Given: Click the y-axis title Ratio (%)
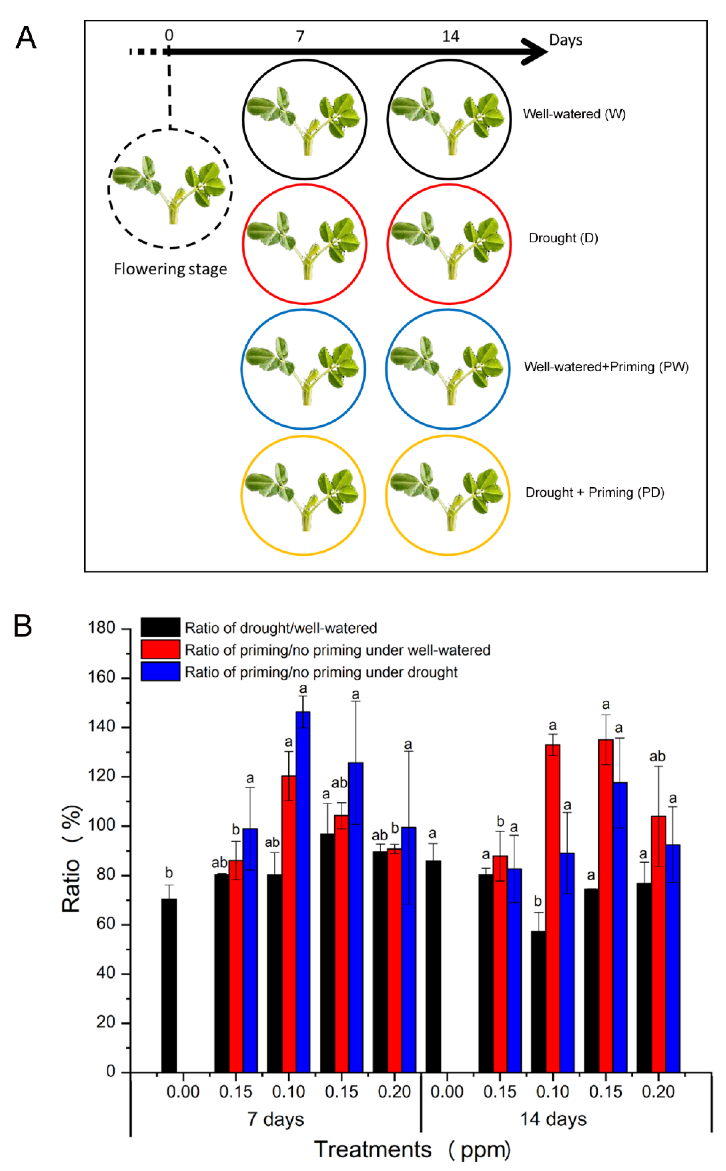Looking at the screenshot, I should click(71, 859).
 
